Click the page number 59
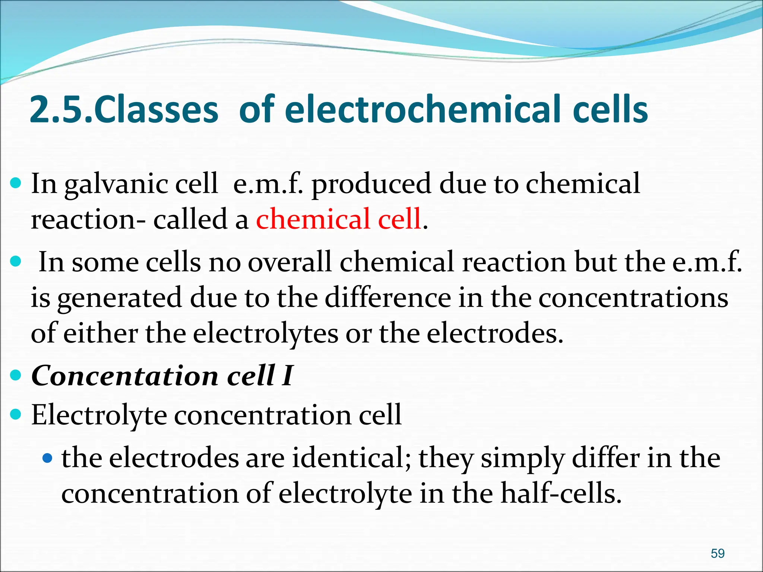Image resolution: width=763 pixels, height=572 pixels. point(718,553)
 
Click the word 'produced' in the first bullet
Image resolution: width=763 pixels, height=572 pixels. point(371,184)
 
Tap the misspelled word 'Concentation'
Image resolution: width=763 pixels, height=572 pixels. point(125,375)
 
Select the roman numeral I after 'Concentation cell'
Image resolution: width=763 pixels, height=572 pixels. point(287,375)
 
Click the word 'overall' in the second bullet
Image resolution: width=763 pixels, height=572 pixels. point(289,262)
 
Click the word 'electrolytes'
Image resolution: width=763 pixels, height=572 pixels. point(266,334)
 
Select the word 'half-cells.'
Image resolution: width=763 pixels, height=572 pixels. point(561,493)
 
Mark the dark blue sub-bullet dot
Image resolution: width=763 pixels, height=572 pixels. point(47,458)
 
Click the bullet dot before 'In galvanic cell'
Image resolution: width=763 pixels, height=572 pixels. point(16,183)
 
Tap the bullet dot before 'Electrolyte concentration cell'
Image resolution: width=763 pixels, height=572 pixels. point(16,414)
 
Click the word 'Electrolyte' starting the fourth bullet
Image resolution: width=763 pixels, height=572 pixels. point(99,415)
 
